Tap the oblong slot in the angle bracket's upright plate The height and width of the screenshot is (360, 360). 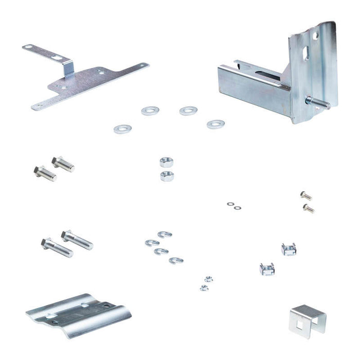pos(307,52)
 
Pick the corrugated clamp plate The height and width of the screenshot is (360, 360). pos(77,314)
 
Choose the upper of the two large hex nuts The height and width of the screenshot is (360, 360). pos(166,163)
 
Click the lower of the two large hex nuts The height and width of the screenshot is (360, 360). pos(167,176)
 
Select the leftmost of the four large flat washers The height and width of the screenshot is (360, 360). pos(122,128)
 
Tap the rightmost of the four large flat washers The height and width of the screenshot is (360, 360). pos(215,124)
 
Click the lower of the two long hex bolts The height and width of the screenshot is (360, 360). pos(57,247)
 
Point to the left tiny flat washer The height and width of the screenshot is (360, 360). pos(230,204)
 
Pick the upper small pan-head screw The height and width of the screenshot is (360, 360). pos(305,195)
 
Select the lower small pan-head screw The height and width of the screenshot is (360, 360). pos(308,208)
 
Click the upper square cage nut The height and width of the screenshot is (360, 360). pos(289,249)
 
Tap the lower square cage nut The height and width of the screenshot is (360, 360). pos(267,268)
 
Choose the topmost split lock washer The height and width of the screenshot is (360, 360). pos(165,235)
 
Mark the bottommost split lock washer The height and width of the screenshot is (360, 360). pos(176,260)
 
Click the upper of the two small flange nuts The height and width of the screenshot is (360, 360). pos(208,279)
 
